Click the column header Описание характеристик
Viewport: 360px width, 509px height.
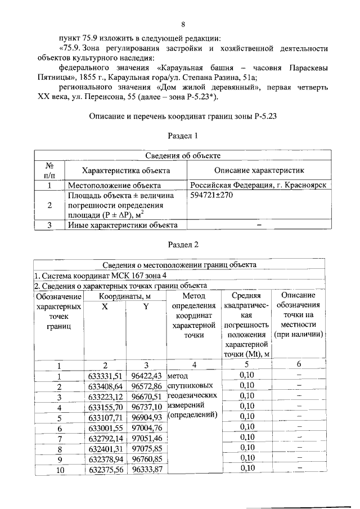259,170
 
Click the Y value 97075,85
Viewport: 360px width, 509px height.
146,448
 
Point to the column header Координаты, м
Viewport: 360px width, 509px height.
125,296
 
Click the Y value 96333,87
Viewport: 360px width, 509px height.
146,469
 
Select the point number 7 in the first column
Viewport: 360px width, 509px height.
58,438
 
